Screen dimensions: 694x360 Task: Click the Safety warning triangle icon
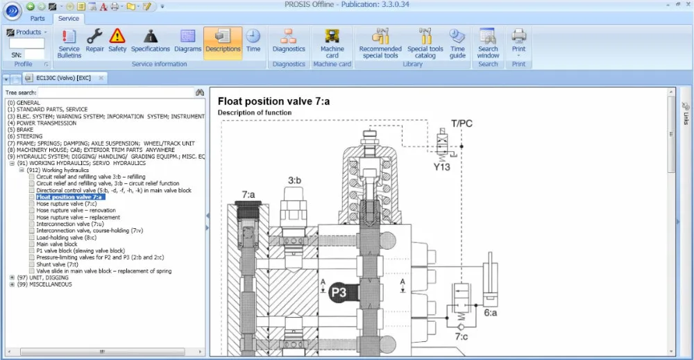coord(117,36)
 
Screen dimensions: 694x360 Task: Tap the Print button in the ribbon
coord(518,43)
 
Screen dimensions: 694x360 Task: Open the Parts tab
coord(37,19)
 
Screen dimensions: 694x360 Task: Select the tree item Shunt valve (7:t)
coord(57,264)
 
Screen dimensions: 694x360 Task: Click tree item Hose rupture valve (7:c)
coord(67,204)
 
